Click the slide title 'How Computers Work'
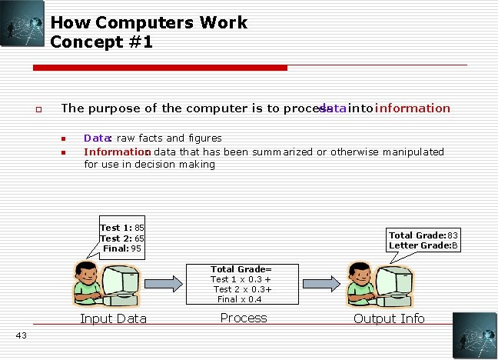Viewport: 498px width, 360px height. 149,22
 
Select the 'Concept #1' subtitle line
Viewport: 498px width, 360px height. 101,42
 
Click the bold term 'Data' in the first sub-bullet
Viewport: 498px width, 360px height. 96,138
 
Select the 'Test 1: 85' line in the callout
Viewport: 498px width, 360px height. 122,228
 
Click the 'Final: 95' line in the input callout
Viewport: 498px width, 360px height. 122,248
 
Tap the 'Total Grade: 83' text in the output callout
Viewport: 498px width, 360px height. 423,235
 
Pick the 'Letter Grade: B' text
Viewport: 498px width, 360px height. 423,245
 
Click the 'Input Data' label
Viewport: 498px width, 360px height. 114,318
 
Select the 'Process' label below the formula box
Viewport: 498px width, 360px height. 244,318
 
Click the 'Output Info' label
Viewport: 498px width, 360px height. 389,318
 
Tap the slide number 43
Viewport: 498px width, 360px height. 21,334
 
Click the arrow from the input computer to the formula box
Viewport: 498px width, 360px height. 164,285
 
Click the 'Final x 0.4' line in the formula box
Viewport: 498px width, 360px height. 239,299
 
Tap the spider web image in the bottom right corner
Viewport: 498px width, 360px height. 474,335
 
